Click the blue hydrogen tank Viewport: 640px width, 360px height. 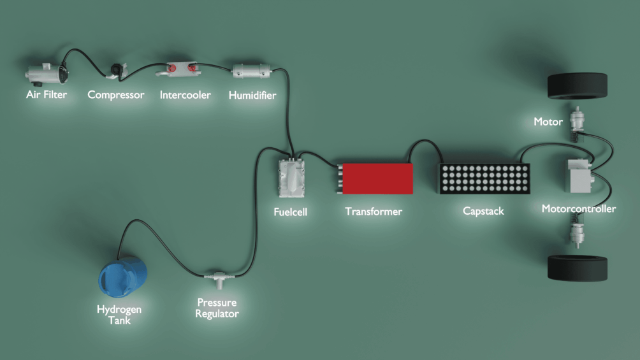(122, 278)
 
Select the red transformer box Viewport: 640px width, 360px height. (376, 178)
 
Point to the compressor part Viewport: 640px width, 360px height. (117, 69)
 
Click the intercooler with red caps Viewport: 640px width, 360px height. (181, 68)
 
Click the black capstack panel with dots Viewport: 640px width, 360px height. (484, 179)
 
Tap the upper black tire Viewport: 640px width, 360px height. (578, 85)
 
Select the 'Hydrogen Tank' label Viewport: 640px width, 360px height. (119, 315)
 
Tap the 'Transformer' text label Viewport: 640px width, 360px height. (374, 211)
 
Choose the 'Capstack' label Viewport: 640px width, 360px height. (483, 211)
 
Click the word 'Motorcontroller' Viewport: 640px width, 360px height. (579, 209)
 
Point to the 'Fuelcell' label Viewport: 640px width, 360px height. (290, 211)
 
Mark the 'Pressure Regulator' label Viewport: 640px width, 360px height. (217, 308)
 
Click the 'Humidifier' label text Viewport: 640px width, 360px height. (252, 96)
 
